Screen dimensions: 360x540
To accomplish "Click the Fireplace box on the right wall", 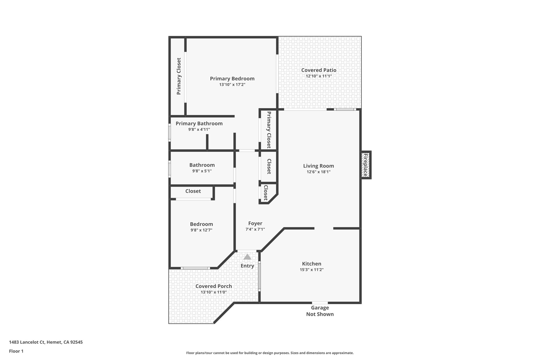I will coord(366,165).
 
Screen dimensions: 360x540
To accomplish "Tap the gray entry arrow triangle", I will coord(247,257).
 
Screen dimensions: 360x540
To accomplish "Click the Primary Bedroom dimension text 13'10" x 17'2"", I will coord(232,85).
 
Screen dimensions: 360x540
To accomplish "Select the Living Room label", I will coord(319,166).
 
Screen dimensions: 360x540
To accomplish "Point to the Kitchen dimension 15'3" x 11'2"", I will coord(312,270).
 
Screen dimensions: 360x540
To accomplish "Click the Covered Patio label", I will coord(319,70).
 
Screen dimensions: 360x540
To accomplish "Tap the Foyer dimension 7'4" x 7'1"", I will coord(255,229).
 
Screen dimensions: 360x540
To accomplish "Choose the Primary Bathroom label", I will coord(199,123).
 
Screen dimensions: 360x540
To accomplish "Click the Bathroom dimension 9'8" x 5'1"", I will coord(202,171).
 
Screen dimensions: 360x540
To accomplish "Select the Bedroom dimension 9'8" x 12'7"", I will coord(201,230).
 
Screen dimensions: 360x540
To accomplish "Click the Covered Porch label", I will coord(214,286).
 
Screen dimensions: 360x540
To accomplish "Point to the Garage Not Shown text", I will coord(320,311).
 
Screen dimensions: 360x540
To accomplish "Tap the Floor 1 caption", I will coord(16,351).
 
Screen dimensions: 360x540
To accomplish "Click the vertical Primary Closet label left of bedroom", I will coord(179,76).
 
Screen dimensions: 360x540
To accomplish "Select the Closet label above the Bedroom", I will coord(193,191).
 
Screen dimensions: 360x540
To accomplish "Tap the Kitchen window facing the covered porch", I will coord(259,276).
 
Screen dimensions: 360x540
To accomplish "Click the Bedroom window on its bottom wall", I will coord(195,268).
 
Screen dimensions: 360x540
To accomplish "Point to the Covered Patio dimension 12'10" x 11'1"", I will coord(319,76).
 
